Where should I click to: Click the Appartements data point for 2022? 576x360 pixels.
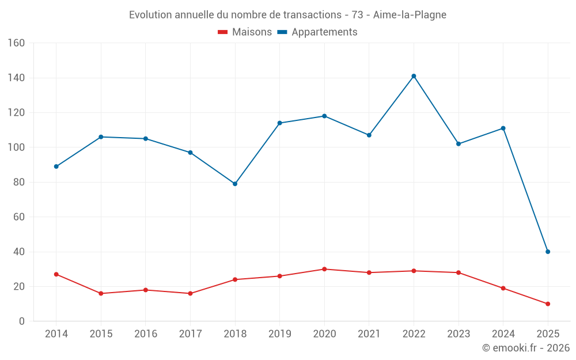pyautogui.click(x=414, y=76)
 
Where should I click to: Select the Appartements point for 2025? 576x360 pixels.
pyautogui.click(x=548, y=252)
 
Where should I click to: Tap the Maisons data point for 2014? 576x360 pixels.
pyautogui.click(x=56, y=274)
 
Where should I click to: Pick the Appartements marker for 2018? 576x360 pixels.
pyautogui.click(x=235, y=184)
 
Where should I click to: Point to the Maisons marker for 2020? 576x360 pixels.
pyautogui.click(x=324, y=269)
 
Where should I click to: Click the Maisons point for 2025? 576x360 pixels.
pyautogui.click(x=548, y=304)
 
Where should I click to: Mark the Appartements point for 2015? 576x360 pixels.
pyautogui.click(x=101, y=137)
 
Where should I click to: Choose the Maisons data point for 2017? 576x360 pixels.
pyautogui.click(x=190, y=293)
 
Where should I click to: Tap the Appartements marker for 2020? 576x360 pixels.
pyautogui.click(x=324, y=116)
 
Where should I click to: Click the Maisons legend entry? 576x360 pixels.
pyautogui.click(x=245, y=32)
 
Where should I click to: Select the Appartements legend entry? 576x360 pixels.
pyautogui.click(x=317, y=32)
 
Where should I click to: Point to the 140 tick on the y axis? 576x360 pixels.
pyautogui.click(x=16, y=78)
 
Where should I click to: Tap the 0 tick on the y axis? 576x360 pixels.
pyautogui.click(x=22, y=321)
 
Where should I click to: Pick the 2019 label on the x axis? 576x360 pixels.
pyautogui.click(x=280, y=334)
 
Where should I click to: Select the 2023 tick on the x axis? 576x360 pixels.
pyautogui.click(x=458, y=334)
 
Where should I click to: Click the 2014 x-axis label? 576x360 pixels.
pyautogui.click(x=56, y=334)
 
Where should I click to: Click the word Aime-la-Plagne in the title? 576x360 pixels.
pyautogui.click(x=410, y=14)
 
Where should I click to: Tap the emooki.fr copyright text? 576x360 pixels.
pyautogui.click(x=525, y=348)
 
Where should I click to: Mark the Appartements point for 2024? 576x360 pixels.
pyautogui.click(x=503, y=128)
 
